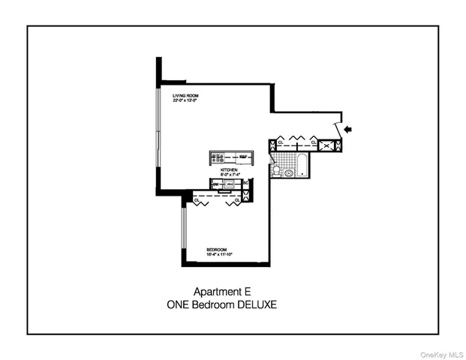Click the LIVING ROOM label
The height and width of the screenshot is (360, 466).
184,96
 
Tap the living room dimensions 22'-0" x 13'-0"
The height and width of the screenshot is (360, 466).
185,101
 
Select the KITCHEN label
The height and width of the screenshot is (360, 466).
228,170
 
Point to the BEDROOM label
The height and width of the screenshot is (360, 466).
217,249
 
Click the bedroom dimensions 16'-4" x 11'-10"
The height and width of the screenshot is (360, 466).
220,254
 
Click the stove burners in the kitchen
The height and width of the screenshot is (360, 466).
218,157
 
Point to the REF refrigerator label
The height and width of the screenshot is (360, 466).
244,157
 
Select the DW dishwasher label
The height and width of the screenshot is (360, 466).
215,183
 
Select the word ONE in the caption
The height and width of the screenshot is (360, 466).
180,304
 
